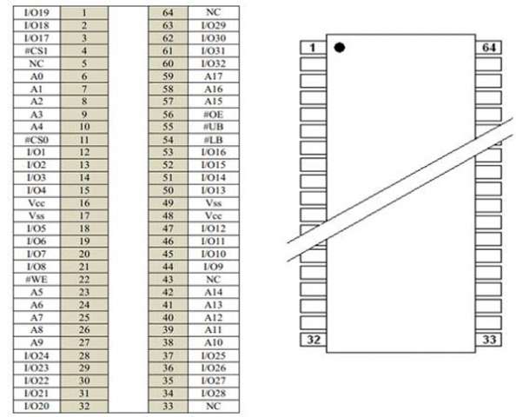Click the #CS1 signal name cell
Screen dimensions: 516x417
click(36, 50)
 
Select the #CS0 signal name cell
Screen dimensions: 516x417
click(36, 140)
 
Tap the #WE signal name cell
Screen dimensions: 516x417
click(36, 280)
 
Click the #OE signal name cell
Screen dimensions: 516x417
click(214, 114)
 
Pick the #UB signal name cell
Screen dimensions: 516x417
click(214, 127)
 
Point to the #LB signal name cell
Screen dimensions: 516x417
click(214, 140)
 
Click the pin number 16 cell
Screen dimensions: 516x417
click(84, 203)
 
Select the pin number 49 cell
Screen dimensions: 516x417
click(169, 203)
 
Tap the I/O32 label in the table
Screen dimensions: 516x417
click(214, 63)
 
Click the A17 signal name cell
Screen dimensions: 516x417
click(214, 76)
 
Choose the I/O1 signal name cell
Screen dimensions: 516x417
click(36, 152)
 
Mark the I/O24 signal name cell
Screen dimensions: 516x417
click(36, 355)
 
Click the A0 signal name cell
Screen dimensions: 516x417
click(36, 76)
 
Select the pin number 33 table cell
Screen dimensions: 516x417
click(169, 406)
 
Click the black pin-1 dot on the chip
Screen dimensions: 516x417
click(340, 48)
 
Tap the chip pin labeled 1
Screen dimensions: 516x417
click(314, 48)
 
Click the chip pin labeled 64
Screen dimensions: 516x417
click(489, 48)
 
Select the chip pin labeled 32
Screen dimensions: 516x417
click(314, 340)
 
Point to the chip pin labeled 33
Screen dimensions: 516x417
click(489, 340)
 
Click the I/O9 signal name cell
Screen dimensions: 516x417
click(214, 267)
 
